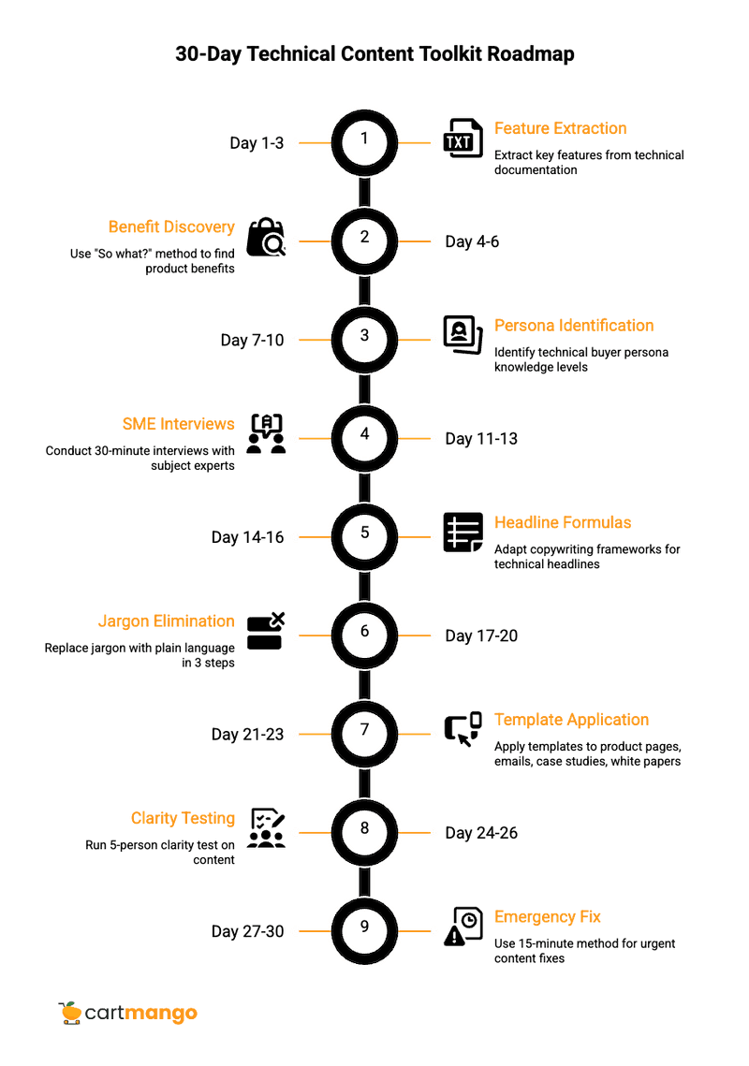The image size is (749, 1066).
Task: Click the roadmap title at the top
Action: click(x=374, y=54)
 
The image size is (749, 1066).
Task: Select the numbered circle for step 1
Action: click(x=364, y=139)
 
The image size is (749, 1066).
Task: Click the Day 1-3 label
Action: click(x=257, y=143)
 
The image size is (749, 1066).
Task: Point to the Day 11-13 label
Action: click(x=481, y=439)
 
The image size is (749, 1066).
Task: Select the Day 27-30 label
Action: click(x=247, y=932)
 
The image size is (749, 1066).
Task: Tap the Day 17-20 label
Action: click(x=481, y=636)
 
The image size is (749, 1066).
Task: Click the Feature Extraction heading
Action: click(x=561, y=128)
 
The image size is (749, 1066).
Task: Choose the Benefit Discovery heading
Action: click(x=171, y=227)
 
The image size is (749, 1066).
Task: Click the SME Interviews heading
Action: click(x=178, y=425)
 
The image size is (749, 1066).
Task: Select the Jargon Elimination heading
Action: click(x=166, y=621)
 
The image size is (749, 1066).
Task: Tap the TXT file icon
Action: click(x=459, y=139)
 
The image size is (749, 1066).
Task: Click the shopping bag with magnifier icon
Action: click(x=266, y=238)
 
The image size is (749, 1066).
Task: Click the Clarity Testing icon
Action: click(x=267, y=828)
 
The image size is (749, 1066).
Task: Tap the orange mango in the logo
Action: click(x=69, y=1013)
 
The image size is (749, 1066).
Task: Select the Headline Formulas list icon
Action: click(x=462, y=533)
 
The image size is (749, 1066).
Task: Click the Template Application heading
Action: click(x=571, y=720)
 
